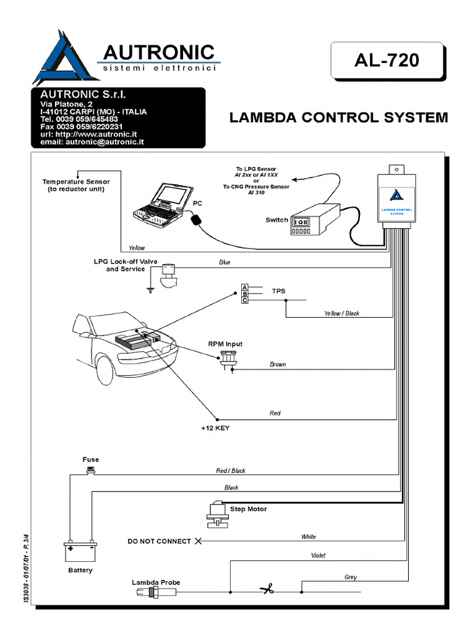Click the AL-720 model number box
[x=387, y=60]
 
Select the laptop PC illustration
[x=159, y=203]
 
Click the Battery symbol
[x=80, y=551]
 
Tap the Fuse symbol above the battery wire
[x=91, y=470]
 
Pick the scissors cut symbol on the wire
[x=267, y=590]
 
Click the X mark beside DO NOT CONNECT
[x=199, y=542]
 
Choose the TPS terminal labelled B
[x=245, y=294]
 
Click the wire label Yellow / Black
[x=341, y=313]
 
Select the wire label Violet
[x=318, y=556]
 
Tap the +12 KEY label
[x=215, y=428]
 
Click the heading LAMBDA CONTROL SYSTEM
[x=338, y=117]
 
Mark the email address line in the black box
[x=92, y=142]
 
